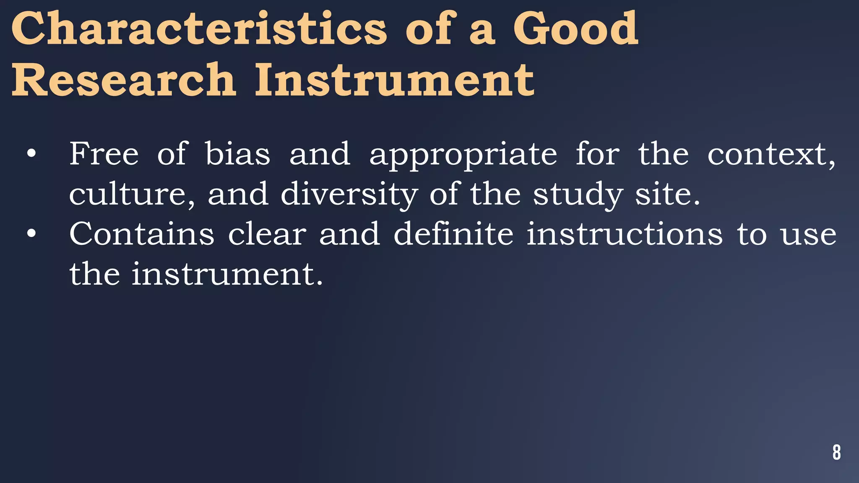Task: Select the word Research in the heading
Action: click(x=124, y=79)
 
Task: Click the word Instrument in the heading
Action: click(x=394, y=79)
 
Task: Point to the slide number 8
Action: click(x=836, y=452)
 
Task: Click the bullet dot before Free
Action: click(x=31, y=154)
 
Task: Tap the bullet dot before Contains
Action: click(x=31, y=234)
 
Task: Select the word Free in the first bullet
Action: click(x=104, y=154)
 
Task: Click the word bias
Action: click(x=237, y=154)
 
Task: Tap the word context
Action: click(x=771, y=155)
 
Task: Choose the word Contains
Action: click(x=142, y=234)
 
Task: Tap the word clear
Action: click(x=267, y=234)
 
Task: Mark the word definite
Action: click(x=453, y=234)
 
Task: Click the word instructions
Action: click(x=625, y=234)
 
